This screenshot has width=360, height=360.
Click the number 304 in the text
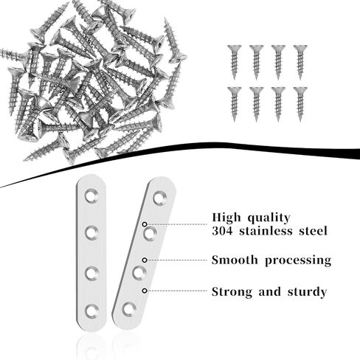222,231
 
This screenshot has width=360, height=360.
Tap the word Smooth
235,260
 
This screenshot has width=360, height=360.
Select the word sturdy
307,292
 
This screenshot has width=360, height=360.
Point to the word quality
269,218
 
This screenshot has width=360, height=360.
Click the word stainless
266,231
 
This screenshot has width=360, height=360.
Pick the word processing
298,260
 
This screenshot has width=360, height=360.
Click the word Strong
232,292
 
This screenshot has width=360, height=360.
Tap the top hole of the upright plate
91,195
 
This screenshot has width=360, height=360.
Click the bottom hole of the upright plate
91,311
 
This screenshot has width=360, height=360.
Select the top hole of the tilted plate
160,198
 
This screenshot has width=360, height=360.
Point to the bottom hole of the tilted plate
129,309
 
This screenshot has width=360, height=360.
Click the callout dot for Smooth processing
145,260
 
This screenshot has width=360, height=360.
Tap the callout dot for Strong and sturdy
145,291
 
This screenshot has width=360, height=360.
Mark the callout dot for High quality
145,224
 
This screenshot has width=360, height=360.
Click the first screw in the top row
234,62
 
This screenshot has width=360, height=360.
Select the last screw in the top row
300,62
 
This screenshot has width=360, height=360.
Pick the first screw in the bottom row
234,104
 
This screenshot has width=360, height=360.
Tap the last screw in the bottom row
300,104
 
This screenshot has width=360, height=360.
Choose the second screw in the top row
256,62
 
